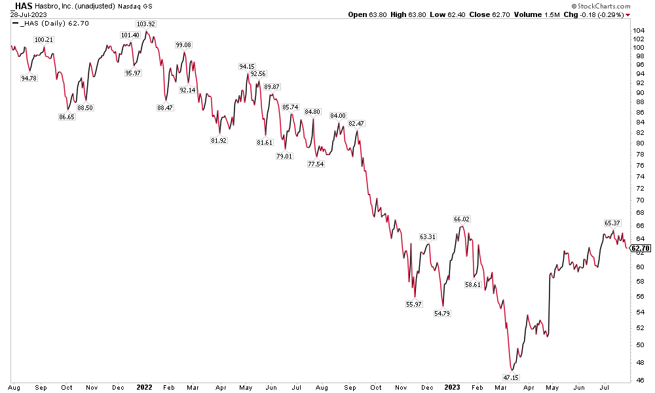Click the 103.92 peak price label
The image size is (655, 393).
pyautogui.click(x=145, y=24)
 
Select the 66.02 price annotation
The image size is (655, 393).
pyautogui.click(x=462, y=219)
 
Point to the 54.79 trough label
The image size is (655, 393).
pyautogui.click(x=443, y=314)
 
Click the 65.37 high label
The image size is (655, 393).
pyautogui.click(x=612, y=223)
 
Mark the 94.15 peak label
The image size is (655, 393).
pyautogui.click(x=247, y=66)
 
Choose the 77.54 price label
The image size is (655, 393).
pyautogui.click(x=316, y=164)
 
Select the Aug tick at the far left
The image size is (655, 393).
pyautogui.click(x=15, y=387)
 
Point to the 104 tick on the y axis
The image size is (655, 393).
pyautogui.click(x=637, y=31)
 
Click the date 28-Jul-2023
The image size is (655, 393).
pyautogui.click(x=26, y=14)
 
